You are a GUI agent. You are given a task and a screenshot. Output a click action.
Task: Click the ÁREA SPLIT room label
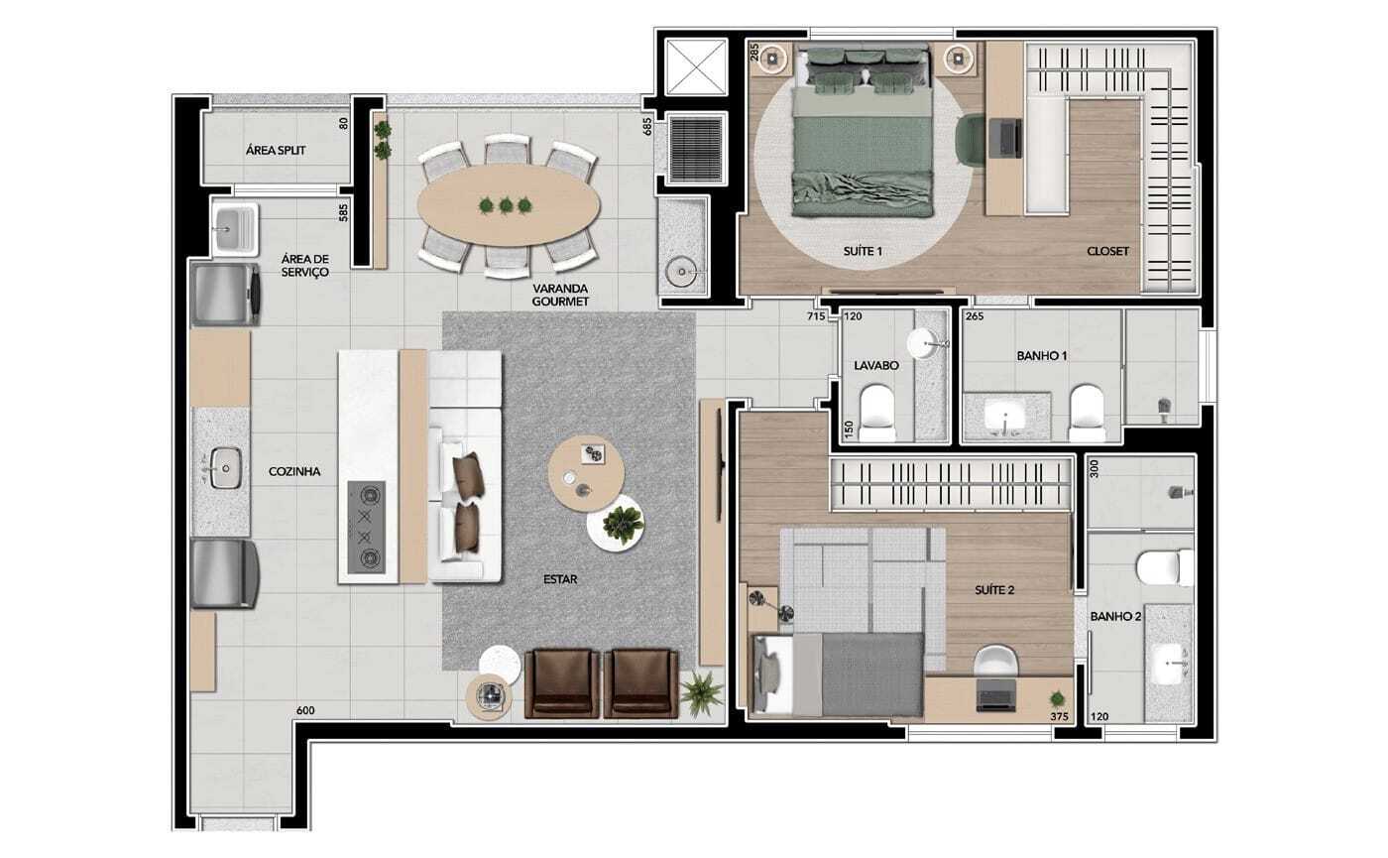(276, 150)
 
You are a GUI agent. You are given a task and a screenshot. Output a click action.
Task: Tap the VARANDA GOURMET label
(560, 296)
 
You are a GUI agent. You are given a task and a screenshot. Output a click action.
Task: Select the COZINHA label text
(294, 472)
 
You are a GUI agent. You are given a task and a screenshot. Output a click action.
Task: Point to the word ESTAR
(560, 579)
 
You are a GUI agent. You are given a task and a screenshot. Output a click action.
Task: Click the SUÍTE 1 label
(863, 251)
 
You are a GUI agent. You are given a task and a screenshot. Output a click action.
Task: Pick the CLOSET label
(1108, 251)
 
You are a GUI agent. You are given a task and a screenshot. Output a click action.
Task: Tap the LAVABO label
(876, 366)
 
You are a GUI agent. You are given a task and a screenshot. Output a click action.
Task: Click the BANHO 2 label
(1115, 617)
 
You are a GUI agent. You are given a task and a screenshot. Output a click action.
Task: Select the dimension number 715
(816, 316)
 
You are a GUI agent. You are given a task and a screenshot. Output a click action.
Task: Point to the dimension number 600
(305, 710)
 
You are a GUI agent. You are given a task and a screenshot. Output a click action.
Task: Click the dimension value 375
(1060, 716)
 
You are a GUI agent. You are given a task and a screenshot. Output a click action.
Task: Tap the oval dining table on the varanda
(509, 205)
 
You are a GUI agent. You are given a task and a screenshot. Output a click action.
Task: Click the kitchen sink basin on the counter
(225, 467)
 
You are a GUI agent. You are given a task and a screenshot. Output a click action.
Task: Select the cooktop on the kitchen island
(366, 527)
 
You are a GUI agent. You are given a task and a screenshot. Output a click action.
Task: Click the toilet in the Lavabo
(876, 408)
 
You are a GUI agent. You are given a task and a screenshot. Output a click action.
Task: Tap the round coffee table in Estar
(586, 474)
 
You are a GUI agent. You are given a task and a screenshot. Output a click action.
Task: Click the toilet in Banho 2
(1165, 566)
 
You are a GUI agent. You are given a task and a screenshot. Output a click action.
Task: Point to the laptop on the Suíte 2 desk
(995, 695)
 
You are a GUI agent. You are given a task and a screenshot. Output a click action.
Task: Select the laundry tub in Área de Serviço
(234, 226)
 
